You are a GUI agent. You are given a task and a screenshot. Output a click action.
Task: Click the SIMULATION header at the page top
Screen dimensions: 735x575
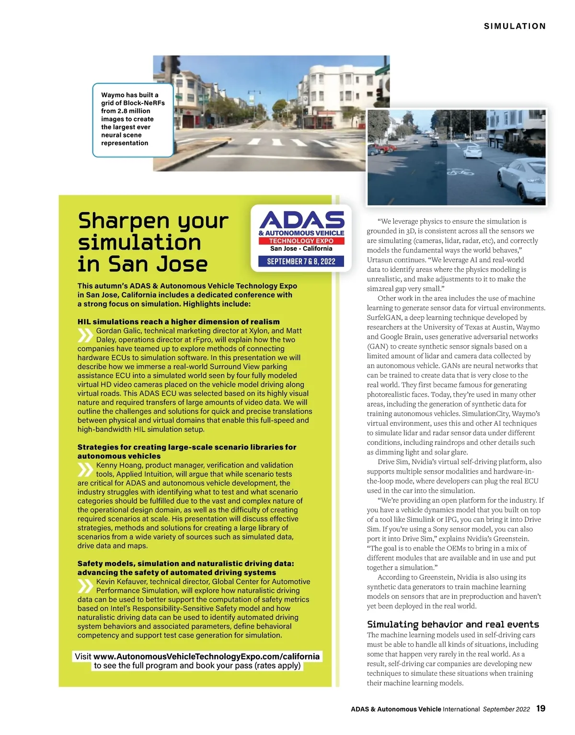coord(515,26)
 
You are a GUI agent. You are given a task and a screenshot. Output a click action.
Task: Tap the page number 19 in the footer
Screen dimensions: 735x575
coord(540,708)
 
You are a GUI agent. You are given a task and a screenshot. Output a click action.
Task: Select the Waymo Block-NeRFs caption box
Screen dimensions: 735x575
coord(132,120)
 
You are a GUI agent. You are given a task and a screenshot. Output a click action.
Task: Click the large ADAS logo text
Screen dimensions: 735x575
coord(301,220)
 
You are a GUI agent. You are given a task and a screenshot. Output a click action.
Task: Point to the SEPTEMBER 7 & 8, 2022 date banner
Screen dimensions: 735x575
coord(301,261)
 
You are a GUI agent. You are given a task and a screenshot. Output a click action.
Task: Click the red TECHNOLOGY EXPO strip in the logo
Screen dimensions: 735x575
coord(301,241)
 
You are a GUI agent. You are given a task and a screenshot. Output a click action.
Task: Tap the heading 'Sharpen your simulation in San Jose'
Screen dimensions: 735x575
coord(152,242)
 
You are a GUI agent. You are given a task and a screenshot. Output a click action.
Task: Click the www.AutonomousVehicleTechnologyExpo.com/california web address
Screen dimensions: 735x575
coord(207,656)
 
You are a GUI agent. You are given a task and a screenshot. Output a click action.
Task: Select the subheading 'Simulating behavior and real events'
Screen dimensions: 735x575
coord(453,624)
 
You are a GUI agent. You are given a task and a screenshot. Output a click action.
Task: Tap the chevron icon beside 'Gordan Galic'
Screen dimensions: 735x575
coord(85,335)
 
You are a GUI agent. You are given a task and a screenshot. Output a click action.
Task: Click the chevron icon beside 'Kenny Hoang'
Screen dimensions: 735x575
coord(85,470)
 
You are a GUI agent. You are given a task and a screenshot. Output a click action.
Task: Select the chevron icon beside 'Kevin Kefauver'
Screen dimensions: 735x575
coord(85,586)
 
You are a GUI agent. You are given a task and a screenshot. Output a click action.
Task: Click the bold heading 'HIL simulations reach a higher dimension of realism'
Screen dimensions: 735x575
coord(178,322)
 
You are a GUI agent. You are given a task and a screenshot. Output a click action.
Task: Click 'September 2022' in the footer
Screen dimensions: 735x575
coord(506,709)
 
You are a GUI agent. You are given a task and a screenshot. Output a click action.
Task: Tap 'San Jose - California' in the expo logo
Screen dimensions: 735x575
coord(301,249)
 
